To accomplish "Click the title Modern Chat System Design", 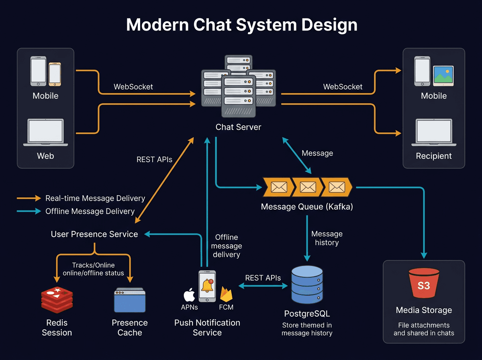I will coord(241,25).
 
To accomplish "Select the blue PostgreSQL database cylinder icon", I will coord(307,284).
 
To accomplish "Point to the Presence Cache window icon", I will coord(129,300).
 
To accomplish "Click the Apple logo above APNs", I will coord(189,295).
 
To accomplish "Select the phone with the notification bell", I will coord(207,286).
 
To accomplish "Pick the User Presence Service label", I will coord(94,234).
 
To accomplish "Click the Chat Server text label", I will coord(238,127).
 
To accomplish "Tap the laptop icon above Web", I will coord(45,132).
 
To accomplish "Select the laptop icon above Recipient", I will coord(434,132).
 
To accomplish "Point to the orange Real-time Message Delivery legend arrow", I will coord(29,198).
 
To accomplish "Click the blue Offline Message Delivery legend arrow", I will coord(29,211).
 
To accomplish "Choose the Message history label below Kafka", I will coord(327,238).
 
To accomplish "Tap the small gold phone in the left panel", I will coord(55,74).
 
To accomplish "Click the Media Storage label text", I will coord(424,310).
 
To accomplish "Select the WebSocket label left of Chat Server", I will coord(133,87).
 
